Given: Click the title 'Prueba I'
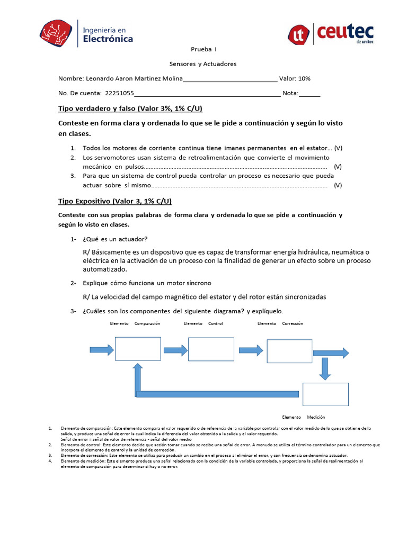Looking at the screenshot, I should pos(203,49).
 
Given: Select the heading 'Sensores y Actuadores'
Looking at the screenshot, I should pos(203,64).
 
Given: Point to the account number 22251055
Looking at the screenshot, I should pos(120,94).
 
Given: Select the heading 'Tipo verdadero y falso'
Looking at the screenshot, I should pos(130,109).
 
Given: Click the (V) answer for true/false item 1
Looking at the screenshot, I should pos(338,148).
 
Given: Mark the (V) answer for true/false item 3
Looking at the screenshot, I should pos(338,185).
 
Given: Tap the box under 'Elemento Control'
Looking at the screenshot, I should pos(211,349).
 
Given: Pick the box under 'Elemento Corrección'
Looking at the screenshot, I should pos(289,351).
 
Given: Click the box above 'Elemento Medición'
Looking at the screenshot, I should pos(325,394).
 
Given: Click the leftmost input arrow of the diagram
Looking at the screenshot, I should pos(102,349).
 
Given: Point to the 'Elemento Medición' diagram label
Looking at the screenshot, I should pos(304,417).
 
